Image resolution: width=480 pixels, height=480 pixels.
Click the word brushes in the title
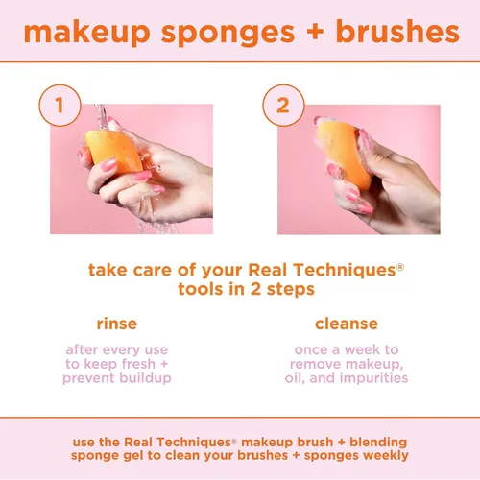399,31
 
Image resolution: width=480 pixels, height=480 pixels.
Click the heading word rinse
116,324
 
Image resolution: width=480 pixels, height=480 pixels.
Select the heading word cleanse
346,324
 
